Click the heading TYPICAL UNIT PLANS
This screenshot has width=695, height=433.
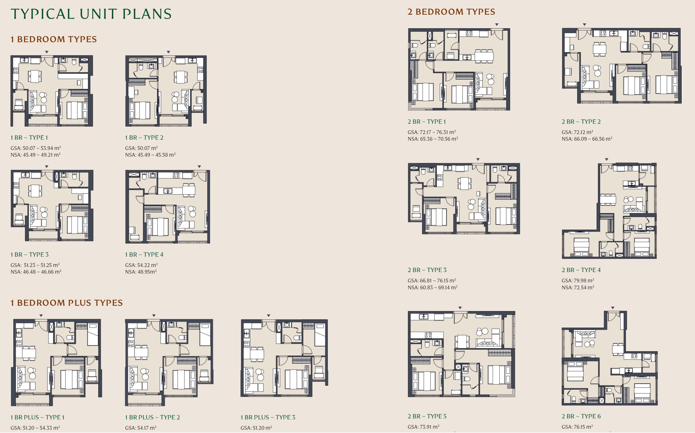pos(91,14)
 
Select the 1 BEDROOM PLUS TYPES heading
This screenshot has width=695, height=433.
pos(67,303)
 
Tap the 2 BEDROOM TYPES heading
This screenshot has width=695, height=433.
pos(451,12)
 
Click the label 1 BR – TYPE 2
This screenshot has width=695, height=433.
pos(144,137)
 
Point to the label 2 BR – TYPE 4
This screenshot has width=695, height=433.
pos(581,270)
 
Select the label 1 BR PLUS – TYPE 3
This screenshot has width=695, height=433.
pos(268,417)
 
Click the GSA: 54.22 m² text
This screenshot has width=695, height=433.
pos(141,265)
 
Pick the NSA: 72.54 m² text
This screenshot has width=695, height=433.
pos(578,287)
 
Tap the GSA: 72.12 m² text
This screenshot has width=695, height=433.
pos(577,132)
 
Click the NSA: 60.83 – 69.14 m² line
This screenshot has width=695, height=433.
pos(432,287)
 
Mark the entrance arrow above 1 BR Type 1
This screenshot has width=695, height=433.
pos(47,52)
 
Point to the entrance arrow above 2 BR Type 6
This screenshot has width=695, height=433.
pos(612,308)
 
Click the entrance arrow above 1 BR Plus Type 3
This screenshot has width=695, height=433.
pos(268,315)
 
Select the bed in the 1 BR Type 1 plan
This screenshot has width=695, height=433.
pos(77,110)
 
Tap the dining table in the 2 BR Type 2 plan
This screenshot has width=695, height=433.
pos(599,49)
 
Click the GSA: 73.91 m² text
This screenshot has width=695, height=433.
pos(423,427)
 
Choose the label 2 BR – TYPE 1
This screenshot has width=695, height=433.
pos(427,121)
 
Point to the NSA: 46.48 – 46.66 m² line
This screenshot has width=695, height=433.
pos(36,271)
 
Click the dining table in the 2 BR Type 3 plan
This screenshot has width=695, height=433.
pos(464,183)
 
